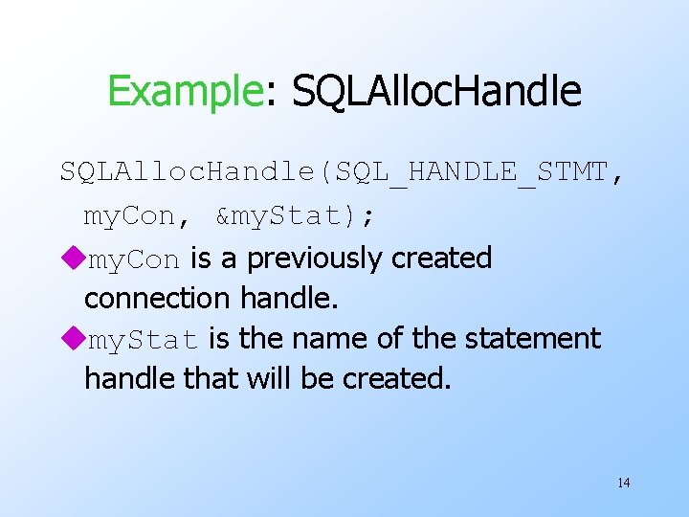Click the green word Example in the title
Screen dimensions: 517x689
(x=184, y=92)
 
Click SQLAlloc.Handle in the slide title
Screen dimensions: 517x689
(x=436, y=92)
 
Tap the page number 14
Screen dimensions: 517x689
(x=623, y=483)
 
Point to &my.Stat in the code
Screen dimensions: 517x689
(x=286, y=216)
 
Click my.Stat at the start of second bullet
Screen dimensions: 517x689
(x=144, y=340)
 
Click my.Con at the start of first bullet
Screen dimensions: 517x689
(x=133, y=259)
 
